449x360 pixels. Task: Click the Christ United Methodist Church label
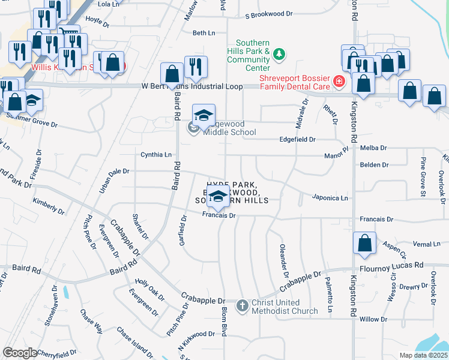click(285, 306)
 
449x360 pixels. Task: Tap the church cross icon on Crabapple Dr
click(242, 306)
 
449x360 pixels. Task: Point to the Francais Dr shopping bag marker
click(364, 244)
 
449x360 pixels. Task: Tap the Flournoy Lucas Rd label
click(392, 265)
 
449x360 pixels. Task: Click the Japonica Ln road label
click(330, 197)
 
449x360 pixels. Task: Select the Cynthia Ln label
click(155, 154)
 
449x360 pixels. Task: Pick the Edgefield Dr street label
click(298, 139)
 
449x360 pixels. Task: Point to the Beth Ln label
click(203, 33)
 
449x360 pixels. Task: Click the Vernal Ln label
click(427, 244)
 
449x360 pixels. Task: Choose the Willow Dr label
click(373, 319)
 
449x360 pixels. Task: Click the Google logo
click(20, 353)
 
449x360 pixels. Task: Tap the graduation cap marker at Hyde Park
click(220, 196)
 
